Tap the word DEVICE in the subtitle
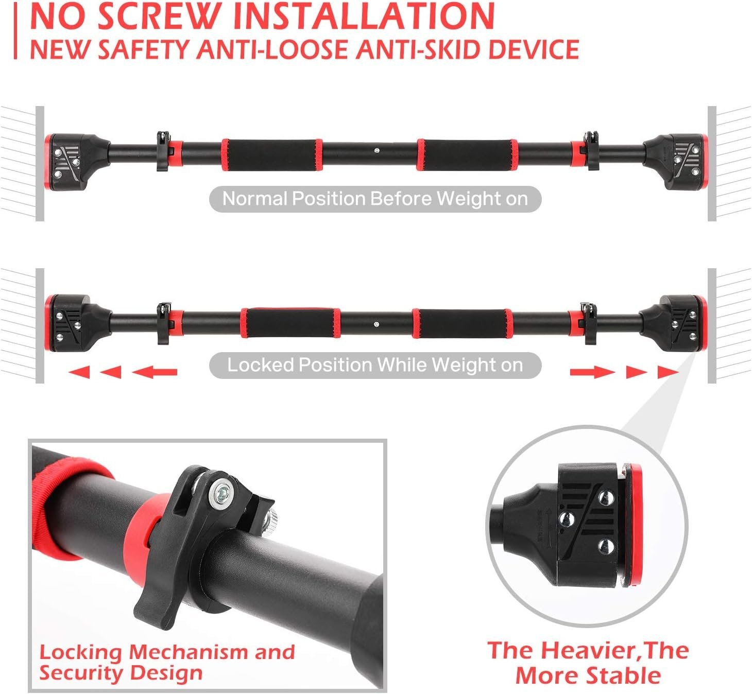tap(534, 49)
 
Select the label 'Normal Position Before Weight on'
tap(375, 199)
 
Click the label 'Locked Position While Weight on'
tap(375, 365)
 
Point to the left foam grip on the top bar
tap(272, 155)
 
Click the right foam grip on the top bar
tap(467, 155)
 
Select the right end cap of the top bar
tap(675, 162)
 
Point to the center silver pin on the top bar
tap(377, 151)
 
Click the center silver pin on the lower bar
tap(376, 324)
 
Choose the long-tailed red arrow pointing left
tap(155, 372)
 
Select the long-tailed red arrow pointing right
tap(593, 372)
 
